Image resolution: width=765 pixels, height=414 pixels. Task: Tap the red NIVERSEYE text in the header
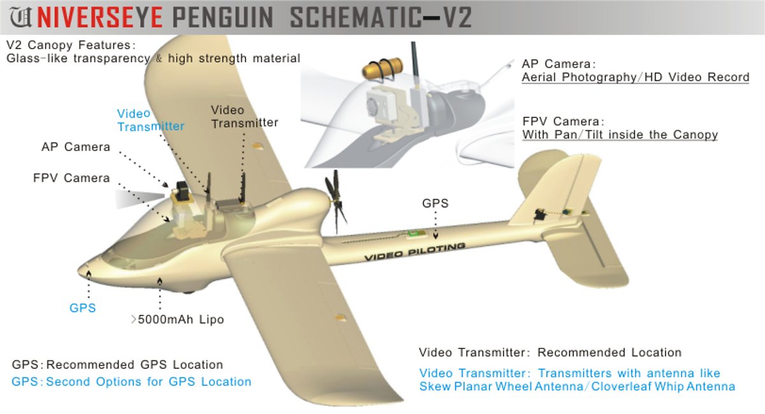click(93, 17)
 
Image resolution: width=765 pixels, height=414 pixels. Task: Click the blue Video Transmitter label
click(150, 120)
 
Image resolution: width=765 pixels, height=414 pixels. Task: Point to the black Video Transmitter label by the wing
click(244, 117)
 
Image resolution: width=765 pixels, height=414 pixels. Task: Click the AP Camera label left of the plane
click(76, 147)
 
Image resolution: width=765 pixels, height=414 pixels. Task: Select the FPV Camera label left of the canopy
click(71, 179)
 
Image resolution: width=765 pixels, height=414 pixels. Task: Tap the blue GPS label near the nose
click(83, 308)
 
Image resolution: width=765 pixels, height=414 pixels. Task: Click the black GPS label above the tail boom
click(435, 203)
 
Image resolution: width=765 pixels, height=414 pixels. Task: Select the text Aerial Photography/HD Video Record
click(635, 78)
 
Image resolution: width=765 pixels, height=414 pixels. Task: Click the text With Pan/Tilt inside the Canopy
click(620, 135)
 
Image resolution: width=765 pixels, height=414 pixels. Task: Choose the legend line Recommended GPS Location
click(135, 366)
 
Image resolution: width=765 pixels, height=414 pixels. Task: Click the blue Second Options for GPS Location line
click(149, 382)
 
